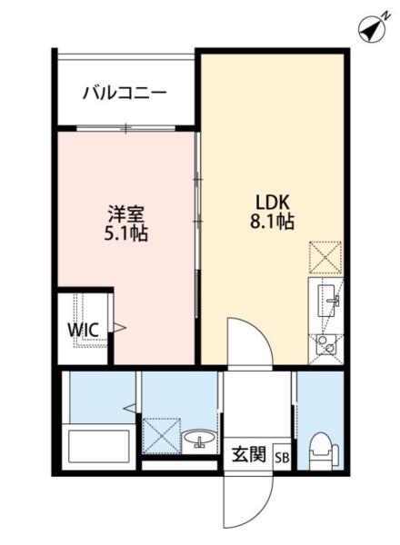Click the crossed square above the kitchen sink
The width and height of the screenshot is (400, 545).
[x=325, y=257]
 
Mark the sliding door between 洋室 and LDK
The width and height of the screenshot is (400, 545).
[x=197, y=227]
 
